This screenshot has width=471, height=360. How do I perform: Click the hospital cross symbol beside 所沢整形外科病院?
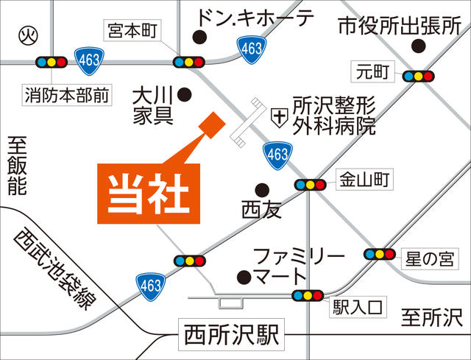pos(279,116)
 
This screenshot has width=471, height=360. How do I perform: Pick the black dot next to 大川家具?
pos(185,94)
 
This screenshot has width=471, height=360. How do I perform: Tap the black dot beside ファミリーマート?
pos(244,277)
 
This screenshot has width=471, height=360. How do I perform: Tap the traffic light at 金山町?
pos(310,185)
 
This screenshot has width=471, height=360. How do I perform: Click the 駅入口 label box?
pos(358,305)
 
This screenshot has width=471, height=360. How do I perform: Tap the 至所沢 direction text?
pos(431,319)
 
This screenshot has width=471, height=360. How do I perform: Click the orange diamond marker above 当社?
pos(211,124)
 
